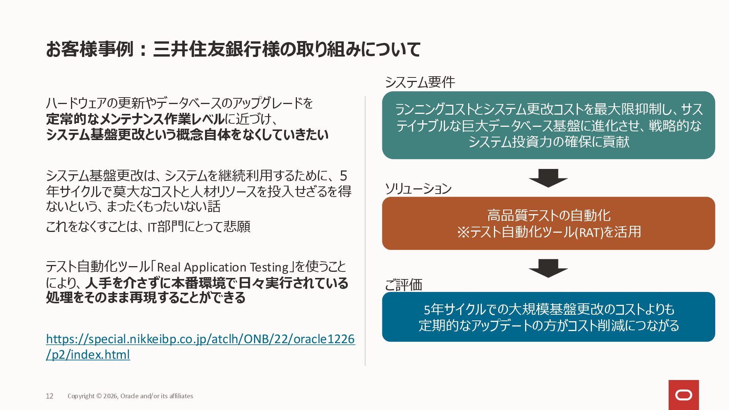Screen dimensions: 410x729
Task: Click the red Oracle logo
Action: point(683,395)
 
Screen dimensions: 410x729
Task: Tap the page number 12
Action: point(49,396)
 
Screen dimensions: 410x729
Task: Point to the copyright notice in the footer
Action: point(130,396)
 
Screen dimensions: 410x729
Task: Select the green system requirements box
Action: point(548,125)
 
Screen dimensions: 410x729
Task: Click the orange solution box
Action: point(548,223)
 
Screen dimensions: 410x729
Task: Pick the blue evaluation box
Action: point(548,317)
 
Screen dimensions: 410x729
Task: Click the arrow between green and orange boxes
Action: point(548,178)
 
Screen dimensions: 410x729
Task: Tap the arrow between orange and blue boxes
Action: point(548,268)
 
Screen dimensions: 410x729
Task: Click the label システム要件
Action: point(420,82)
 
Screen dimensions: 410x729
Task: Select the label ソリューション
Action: point(418,188)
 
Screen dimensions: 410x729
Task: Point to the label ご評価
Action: point(403,285)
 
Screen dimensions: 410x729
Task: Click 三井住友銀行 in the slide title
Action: point(207,49)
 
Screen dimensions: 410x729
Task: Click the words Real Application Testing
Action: point(223,267)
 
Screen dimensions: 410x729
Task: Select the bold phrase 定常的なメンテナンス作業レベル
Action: point(135,119)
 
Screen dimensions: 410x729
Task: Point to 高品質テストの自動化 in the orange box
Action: point(548,215)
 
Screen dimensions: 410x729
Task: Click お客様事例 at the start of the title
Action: point(90,49)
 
